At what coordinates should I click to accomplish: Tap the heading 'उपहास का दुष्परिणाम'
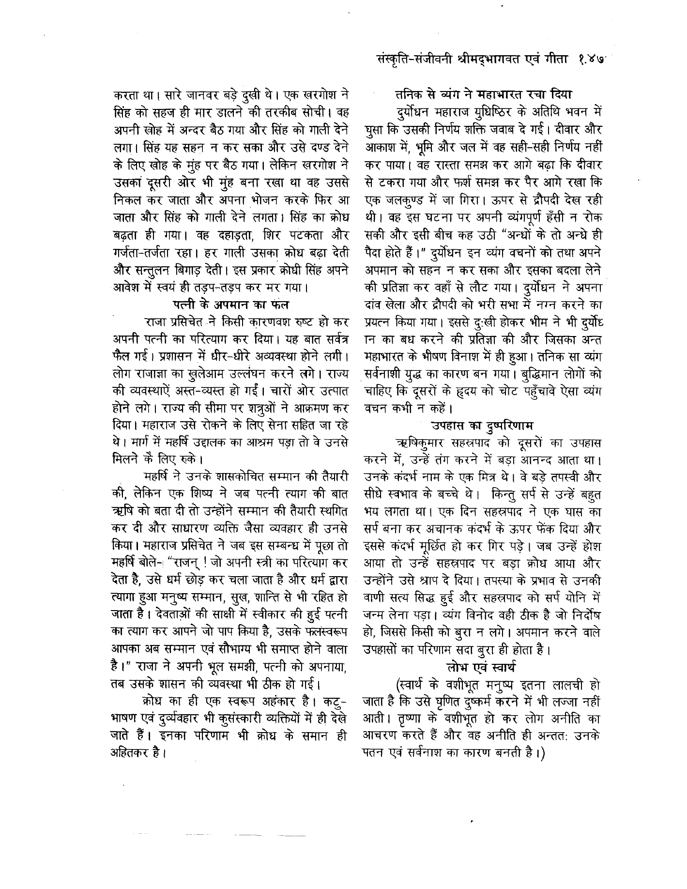[482, 426]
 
